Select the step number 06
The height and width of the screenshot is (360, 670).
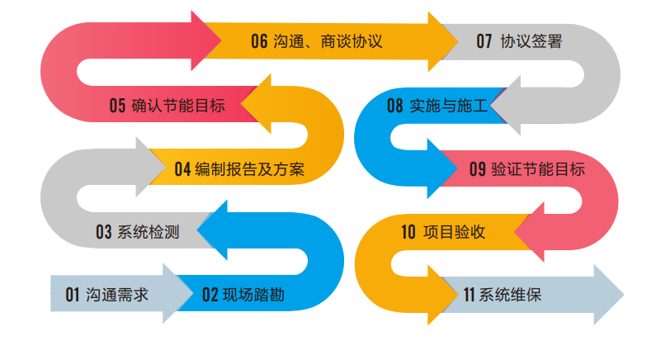point(260,41)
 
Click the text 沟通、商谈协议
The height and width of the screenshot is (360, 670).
point(328,41)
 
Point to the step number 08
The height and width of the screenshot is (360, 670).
point(395,106)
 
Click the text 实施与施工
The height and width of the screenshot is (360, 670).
point(448,106)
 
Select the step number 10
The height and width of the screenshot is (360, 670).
point(408,232)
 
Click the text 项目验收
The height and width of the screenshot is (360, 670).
point(455,232)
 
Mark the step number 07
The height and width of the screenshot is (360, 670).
point(484,41)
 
